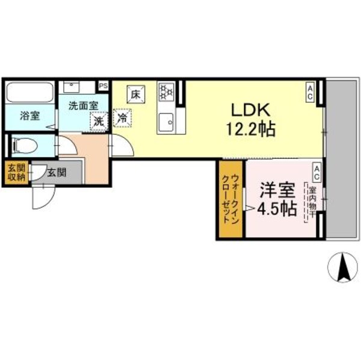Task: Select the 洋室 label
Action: pyautogui.click(x=277, y=190)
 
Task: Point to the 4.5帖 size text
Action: pyautogui.click(x=277, y=209)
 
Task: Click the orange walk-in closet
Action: pyautogui.click(x=230, y=199)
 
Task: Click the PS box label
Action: pyautogui.click(x=104, y=87)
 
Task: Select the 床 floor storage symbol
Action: pyautogui.click(x=135, y=94)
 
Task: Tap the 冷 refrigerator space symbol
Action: pyautogui.click(x=122, y=119)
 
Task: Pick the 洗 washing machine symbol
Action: pyautogui.click(x=97, y=120)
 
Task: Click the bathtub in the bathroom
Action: pyautogui.click(x=29, y=93)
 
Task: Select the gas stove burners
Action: pyautogui.click(x=166, y=92)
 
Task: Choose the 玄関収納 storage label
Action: pyautogui.click(x=16, y=172)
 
